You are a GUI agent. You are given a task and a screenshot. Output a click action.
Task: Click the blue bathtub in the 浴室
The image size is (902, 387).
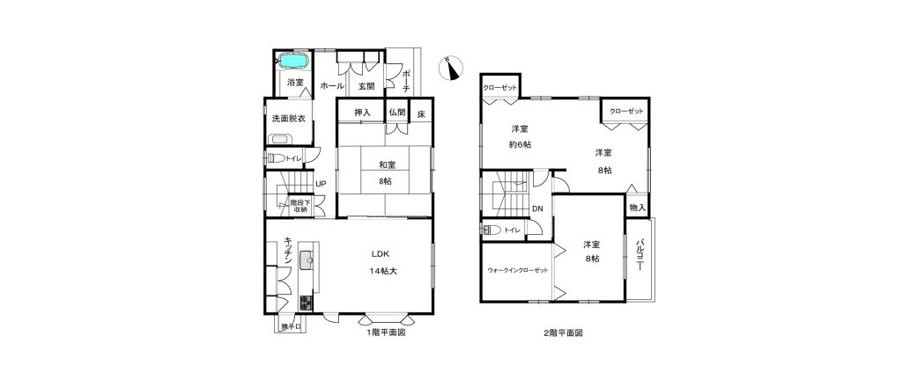tap(294, 61)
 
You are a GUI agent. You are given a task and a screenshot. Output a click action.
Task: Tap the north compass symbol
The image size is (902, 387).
tap(450, 68)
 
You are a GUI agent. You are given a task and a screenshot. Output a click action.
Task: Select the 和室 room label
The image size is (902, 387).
tap(386, 165)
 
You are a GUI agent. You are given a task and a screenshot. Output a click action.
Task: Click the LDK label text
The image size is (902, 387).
tap(381, 254)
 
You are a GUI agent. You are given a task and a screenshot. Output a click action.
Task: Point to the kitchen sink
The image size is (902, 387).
tap(307, 263)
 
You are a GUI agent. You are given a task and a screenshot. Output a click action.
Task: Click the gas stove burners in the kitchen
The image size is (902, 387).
tap(305, 303)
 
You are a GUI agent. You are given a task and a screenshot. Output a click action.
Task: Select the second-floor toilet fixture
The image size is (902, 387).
tap(492, 230)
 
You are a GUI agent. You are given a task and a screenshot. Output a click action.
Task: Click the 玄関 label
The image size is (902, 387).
tap(366, 86)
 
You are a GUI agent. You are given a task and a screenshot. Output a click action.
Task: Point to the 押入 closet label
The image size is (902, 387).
tap(362, 113)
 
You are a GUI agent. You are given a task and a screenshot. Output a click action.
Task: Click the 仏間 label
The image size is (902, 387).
tap(397, 113)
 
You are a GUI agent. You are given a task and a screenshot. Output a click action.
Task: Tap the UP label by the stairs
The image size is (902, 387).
tap(321, 185)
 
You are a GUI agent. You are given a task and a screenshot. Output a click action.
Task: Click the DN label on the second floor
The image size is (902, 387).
tap(536, 209)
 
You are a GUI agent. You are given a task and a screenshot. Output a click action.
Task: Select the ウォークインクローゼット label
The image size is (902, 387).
tap(517, 270)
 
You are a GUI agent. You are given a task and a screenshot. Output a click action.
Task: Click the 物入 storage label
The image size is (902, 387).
tap(637, 207)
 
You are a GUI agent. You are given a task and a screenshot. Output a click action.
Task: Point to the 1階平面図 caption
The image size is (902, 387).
tap(387, 332)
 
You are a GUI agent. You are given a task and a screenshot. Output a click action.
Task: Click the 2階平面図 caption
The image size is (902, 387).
tap(563, 332)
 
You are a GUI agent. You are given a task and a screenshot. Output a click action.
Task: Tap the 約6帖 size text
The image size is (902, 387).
tap(520, 145)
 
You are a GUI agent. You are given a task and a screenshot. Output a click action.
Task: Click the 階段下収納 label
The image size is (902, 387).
tap(300, 206)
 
